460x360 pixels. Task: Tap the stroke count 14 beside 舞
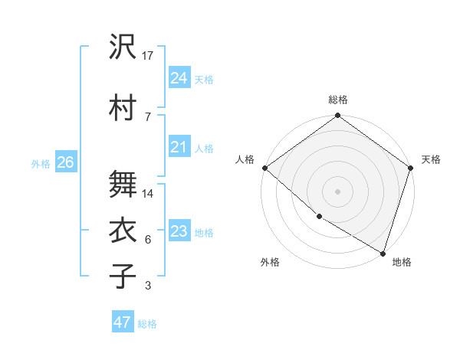coord(149,194)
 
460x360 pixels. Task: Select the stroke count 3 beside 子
coord(147,286)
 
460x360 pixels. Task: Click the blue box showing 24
coord(179,78)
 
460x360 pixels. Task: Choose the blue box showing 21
coord(179,147)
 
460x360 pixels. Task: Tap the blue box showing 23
coord(179,231)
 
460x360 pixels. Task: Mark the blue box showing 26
coord(65,162)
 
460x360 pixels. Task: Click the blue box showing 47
coord(122,322)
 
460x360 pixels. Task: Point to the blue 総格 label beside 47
coord(147,324)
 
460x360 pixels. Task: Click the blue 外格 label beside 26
coord(41,163)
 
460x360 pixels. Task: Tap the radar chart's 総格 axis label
coord(337,100)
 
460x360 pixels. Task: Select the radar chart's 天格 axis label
coord(431,159)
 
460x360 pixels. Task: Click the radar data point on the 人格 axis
coord(264,168)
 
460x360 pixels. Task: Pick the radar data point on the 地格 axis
coord(383,253)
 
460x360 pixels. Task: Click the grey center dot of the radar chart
coord(337,191)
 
